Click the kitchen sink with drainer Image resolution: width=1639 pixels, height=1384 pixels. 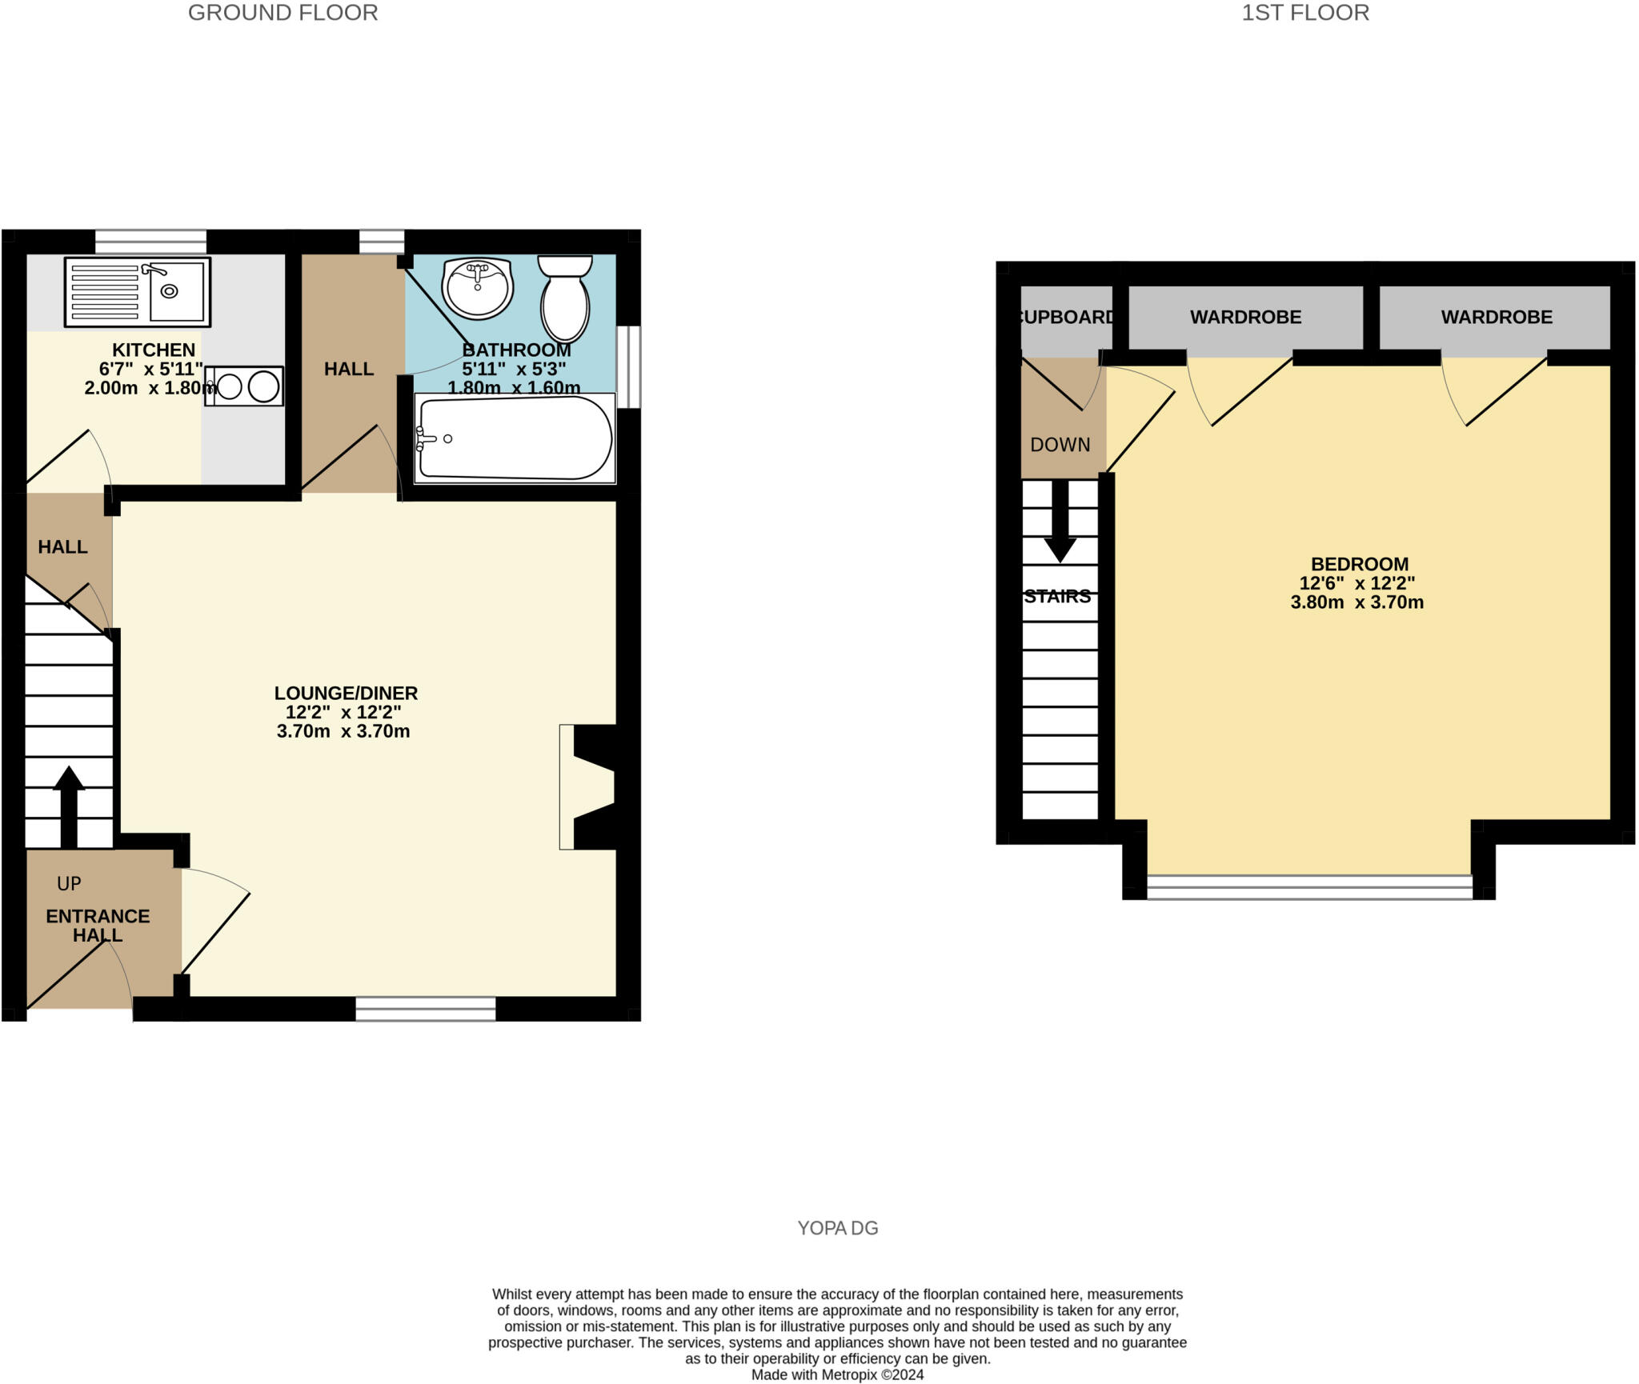pos(137,292)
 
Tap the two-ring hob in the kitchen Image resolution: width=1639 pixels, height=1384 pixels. pos(244,386)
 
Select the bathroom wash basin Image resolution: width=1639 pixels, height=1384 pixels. pos(477,287)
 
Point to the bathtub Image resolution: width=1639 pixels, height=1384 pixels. pos(514,439)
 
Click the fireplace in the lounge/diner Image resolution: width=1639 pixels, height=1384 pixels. pos(588,787)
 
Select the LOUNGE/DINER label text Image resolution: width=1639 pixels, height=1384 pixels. pos(346,693)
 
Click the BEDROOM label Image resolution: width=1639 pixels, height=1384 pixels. pos(1359,564)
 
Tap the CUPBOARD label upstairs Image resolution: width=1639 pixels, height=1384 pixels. pos(1067,317)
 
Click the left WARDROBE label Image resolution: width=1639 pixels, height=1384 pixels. pos(1245,317)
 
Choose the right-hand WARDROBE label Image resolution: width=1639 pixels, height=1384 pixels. pos(1497,317)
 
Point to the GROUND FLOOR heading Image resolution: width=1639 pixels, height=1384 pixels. pos(283,13)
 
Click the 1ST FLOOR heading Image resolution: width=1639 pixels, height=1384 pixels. pos(1304,13)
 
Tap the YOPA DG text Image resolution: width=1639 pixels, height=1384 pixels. pos(837,1227)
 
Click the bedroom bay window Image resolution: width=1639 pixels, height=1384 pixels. pos(1308,887)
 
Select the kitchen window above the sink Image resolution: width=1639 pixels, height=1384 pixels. pos(150,242)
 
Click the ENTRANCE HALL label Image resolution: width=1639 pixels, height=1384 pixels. pos(98,926)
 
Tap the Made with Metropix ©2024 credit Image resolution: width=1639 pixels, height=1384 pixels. pos(837,1374)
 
